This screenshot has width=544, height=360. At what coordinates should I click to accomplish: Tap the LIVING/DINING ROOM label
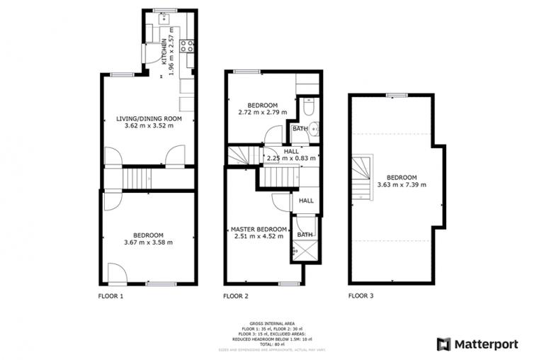point(149,118)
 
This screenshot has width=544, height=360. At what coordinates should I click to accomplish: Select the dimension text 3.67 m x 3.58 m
point(149,242)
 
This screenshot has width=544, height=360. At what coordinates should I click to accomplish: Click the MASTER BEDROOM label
point(259,230)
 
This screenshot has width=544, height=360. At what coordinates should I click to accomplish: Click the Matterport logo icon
point(443,344)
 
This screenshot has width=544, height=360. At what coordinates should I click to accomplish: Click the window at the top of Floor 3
point(396,95)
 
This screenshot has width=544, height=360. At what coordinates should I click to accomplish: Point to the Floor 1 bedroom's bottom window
point(161,283)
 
